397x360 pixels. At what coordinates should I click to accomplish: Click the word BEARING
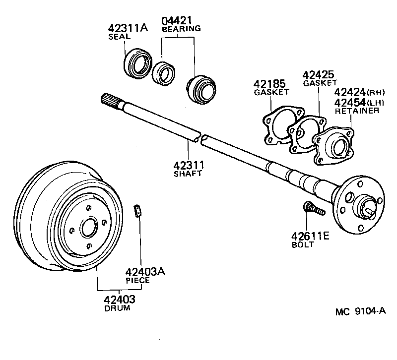coord(181,29)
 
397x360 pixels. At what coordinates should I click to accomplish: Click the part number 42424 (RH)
coord(353,92)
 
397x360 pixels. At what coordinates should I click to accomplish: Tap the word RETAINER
coord(357,111)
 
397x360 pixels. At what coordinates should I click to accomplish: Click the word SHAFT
coord(188,174)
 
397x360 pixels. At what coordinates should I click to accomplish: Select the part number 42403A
coord(145,272)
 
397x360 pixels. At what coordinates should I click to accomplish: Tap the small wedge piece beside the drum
coord(138,211)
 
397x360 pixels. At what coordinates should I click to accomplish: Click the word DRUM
coord(117,308)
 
